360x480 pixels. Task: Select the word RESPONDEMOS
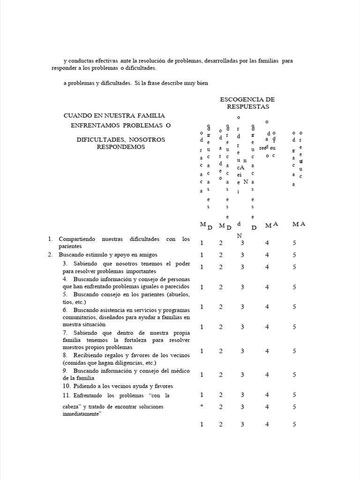(121, 147)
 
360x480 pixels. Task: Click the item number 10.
(66, 386)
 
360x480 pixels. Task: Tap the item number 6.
(64, 310)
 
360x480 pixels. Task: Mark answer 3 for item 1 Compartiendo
(242, 243)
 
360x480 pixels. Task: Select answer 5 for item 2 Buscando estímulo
(294, 255)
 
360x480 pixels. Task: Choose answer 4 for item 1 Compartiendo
(267, 243)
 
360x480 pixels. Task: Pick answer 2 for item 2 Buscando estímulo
(221, 255)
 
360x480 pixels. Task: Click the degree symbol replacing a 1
(202, 406)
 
